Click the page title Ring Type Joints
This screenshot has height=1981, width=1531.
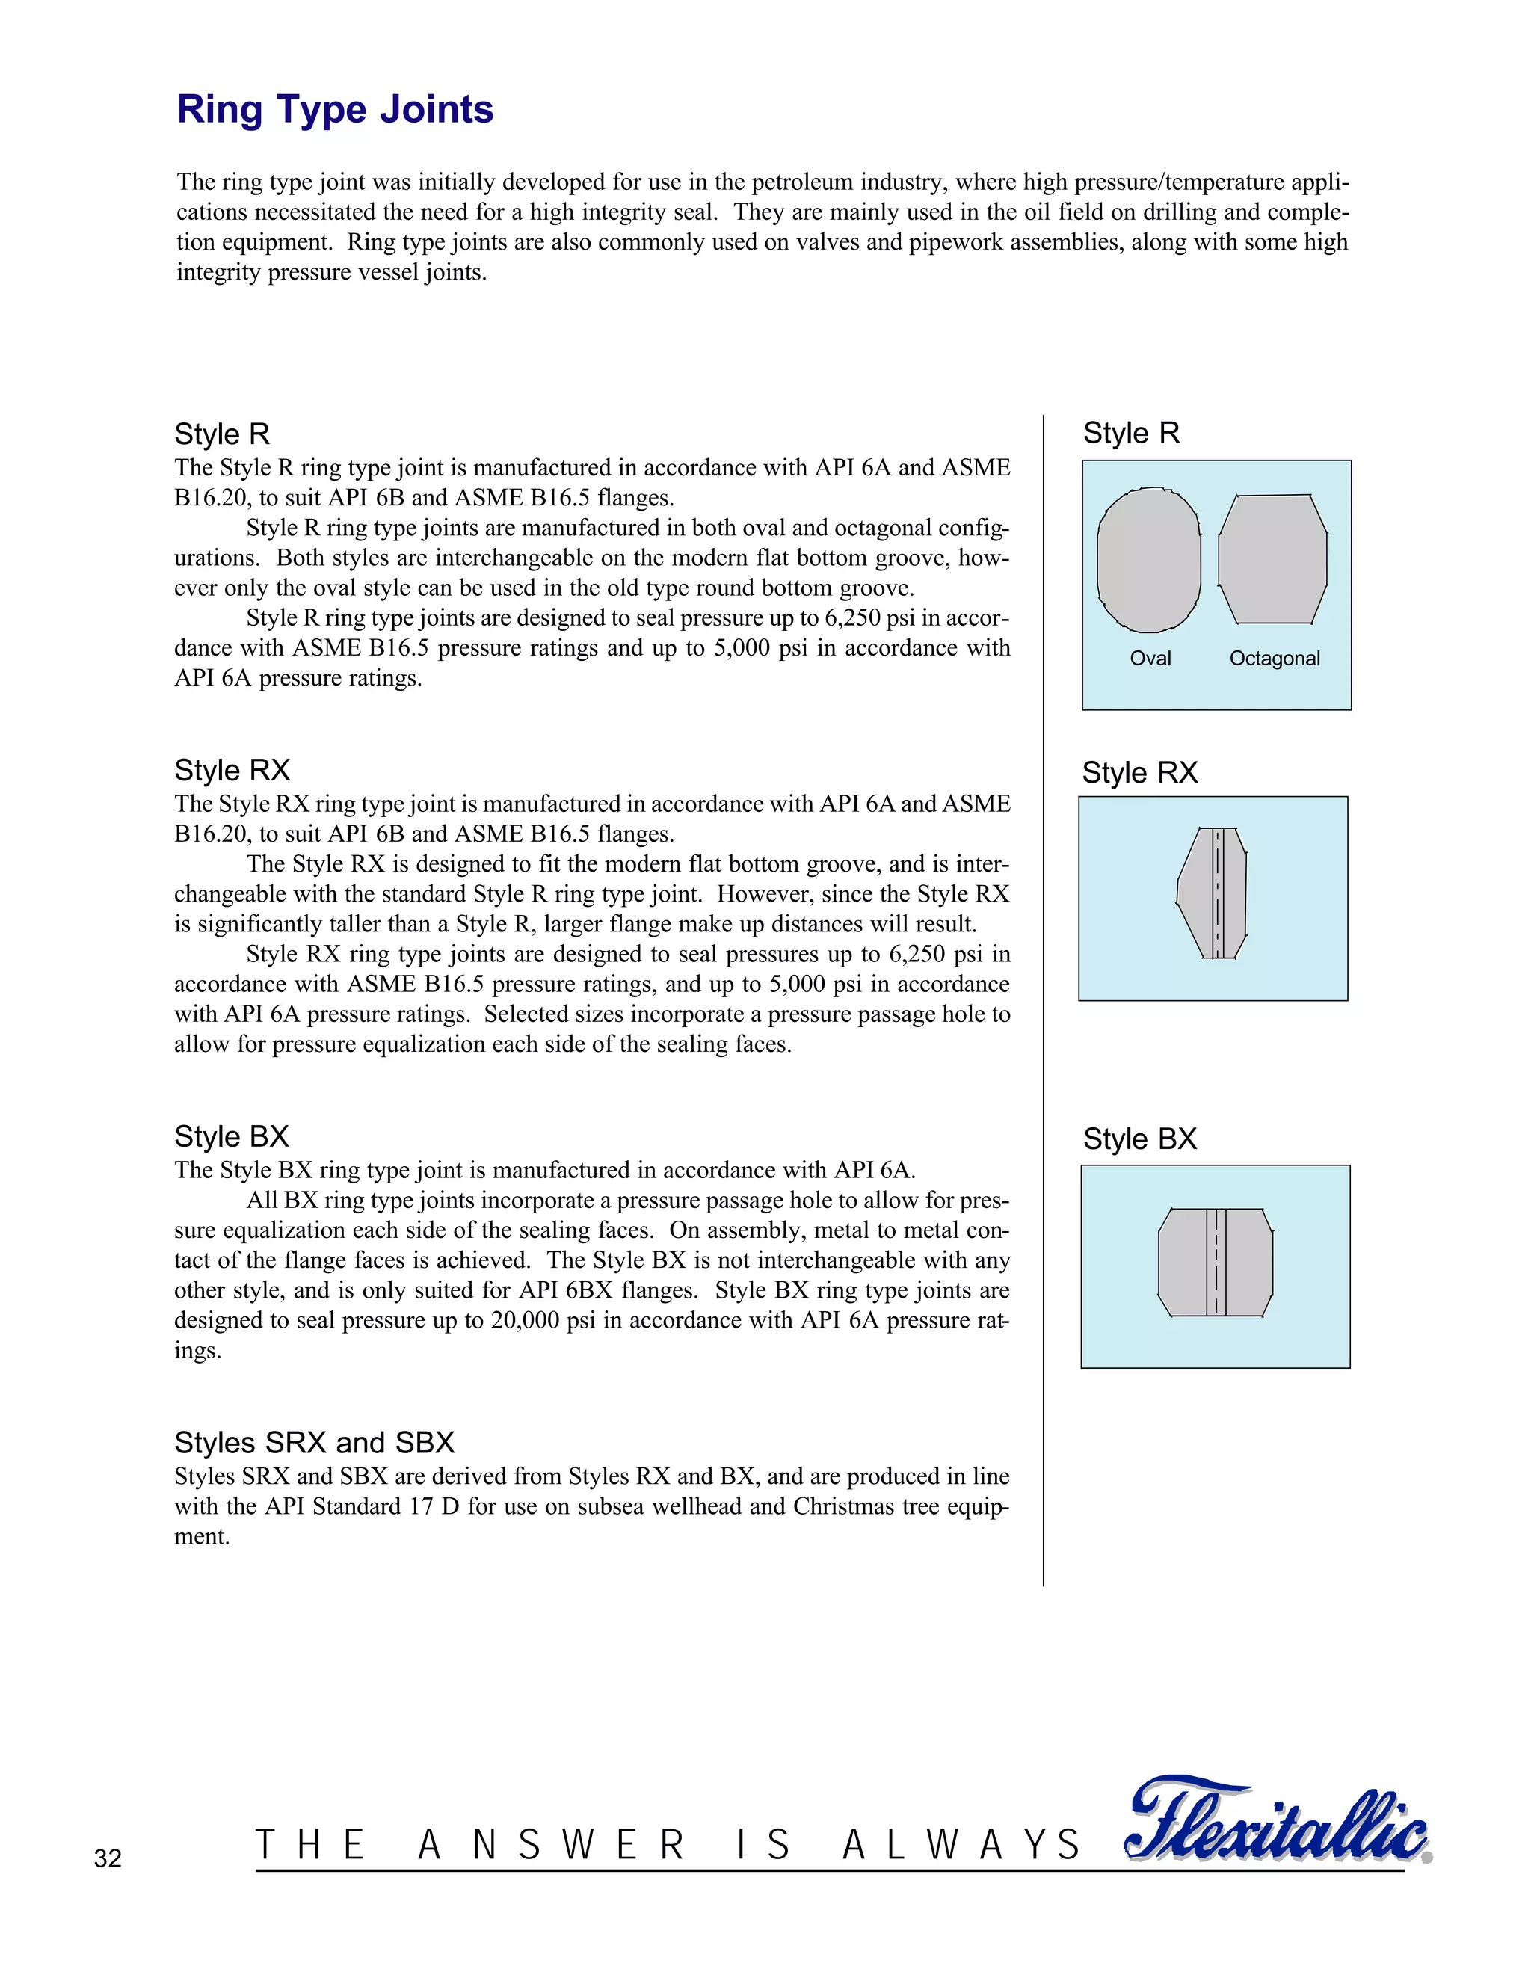[x=335, y=110]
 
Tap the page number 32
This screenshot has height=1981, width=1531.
[x=107, y=1858]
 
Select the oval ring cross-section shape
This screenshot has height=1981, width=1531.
[x=1148, y=561]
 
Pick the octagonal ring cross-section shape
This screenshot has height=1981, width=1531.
[x=1272, y=560]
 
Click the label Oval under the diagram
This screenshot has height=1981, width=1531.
[x=1150, y=659]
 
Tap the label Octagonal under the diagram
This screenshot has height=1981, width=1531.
[x=1275, y=659]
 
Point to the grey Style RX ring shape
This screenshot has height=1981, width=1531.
[x=1213, y=893]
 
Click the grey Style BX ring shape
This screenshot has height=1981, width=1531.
[x=1216, y=1262]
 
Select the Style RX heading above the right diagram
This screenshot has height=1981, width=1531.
[x=1139, y=773]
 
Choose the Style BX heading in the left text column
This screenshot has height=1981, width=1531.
[x=231, y=1136]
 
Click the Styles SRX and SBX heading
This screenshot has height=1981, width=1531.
[x=314, y=1442]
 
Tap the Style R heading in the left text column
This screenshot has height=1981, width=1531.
[x=222, y=434]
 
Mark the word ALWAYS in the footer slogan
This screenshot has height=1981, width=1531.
[x=961, y=1846]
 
